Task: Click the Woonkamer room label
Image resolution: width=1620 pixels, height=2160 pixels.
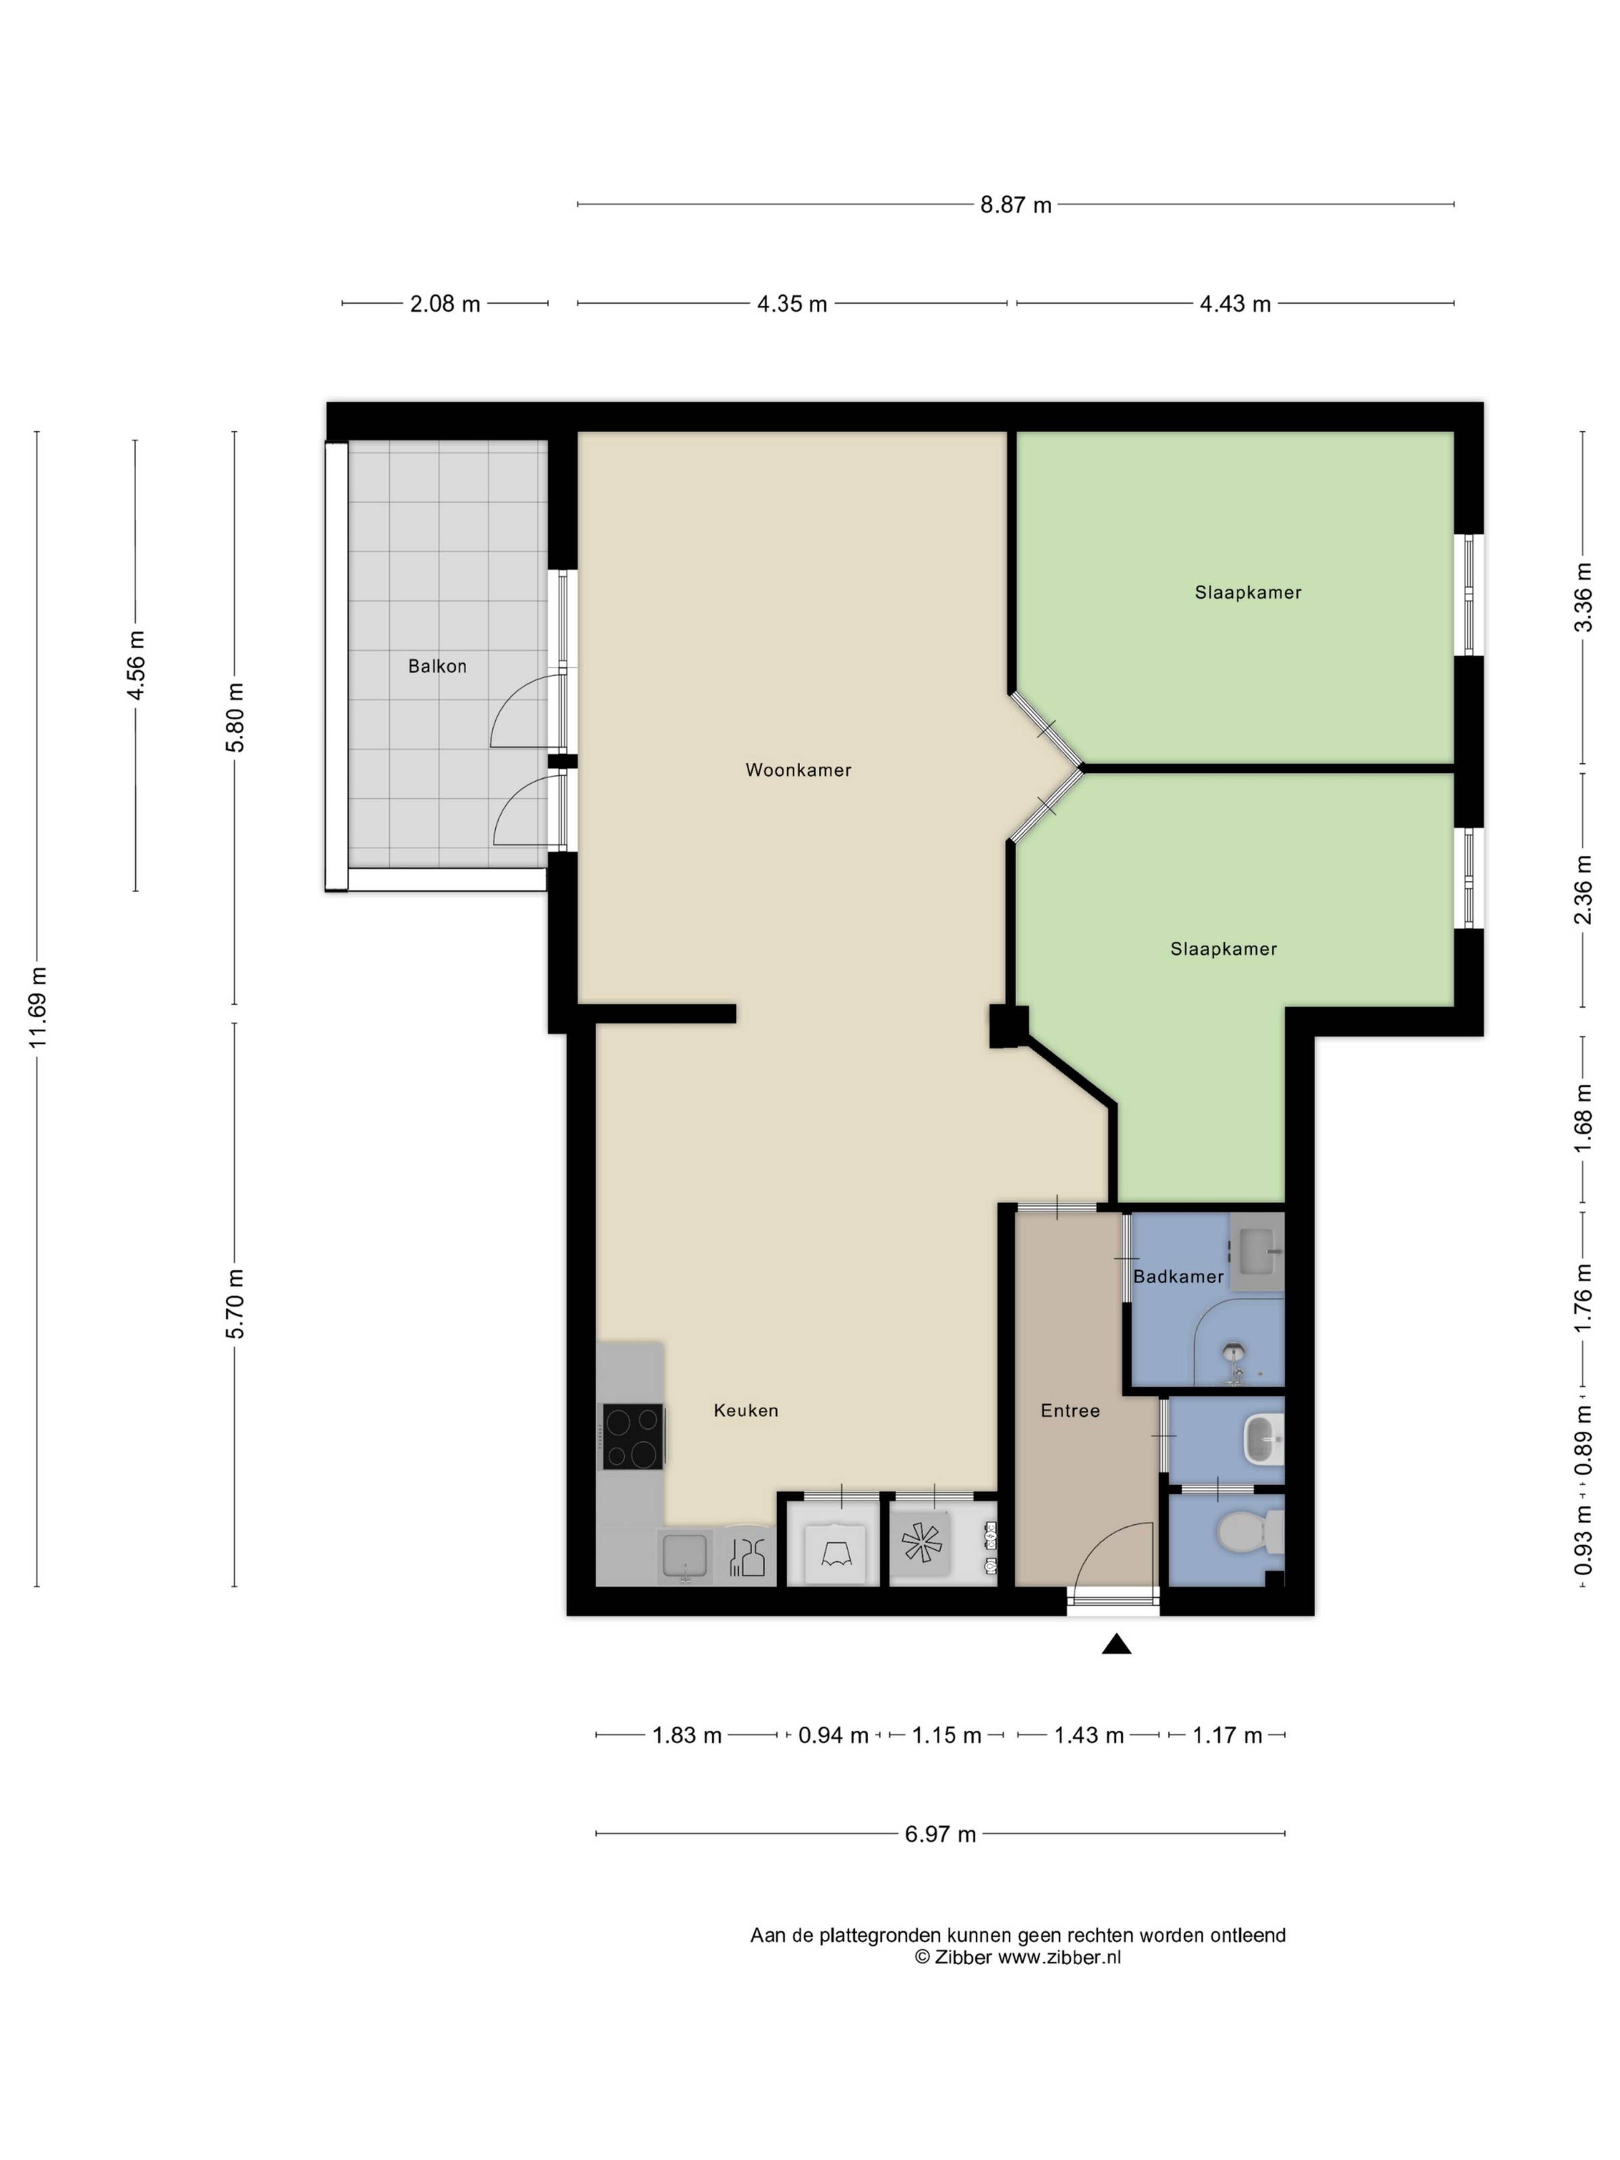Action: point(798,769)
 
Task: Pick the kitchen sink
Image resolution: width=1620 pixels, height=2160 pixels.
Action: point(685,1555)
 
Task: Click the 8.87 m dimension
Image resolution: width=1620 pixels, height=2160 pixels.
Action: point(1015,205)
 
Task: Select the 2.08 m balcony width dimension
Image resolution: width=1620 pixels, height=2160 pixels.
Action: point(444,304)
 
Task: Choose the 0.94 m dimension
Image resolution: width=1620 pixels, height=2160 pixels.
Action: point(833,1735)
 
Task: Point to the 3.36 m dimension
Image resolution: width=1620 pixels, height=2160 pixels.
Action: point(1583,598)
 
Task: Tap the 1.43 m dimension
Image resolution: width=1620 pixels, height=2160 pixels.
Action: point(1089,1735)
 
